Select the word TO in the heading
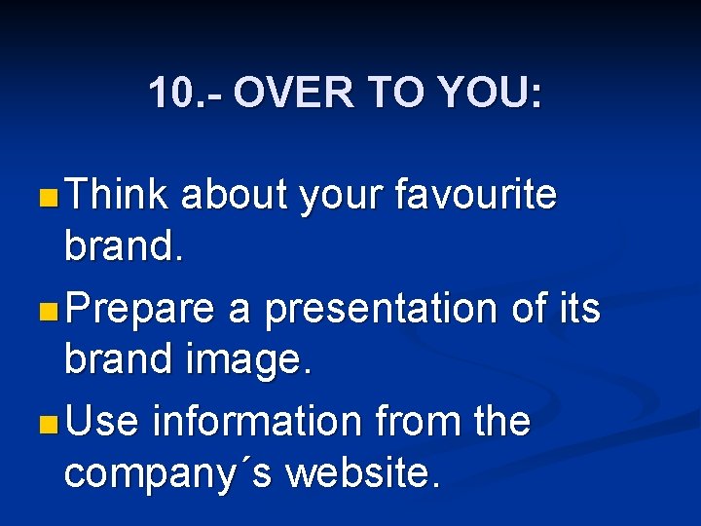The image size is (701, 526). coord(394,94)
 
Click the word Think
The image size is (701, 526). coord(118,195)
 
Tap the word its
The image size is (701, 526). coord(577,308)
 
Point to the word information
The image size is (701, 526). coord(258,422)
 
